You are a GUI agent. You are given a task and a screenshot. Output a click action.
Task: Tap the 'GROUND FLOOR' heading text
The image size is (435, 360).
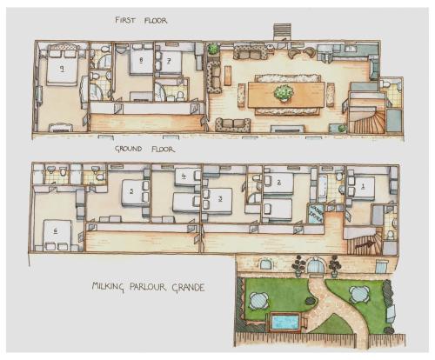[x=144, y=150]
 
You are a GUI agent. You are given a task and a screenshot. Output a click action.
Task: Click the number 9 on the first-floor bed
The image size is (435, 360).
[x=62, y=67]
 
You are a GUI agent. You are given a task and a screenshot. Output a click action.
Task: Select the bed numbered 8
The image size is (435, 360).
[x=141, y=61]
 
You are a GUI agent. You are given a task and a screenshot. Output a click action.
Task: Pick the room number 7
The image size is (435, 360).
[x=169, y=61]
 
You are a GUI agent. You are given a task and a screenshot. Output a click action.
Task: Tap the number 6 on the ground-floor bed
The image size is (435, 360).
[x=57, y=231]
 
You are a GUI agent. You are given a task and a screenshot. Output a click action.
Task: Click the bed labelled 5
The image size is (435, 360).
[x=131, y=190]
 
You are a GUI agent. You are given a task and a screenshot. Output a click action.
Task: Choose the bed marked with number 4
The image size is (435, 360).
[x=184, y=177]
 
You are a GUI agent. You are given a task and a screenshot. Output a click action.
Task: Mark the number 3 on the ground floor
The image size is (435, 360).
[x=220, y=199]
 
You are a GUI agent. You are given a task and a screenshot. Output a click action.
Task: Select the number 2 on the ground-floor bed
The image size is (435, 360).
[x=278, y=183]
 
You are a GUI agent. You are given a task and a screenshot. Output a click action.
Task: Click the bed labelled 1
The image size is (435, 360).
[x=362, y=185]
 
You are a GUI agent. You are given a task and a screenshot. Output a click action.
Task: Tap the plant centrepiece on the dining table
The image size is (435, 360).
[x=283, y=90]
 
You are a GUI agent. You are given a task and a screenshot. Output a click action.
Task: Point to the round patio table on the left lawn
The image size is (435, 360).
[x=258, y=300]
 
